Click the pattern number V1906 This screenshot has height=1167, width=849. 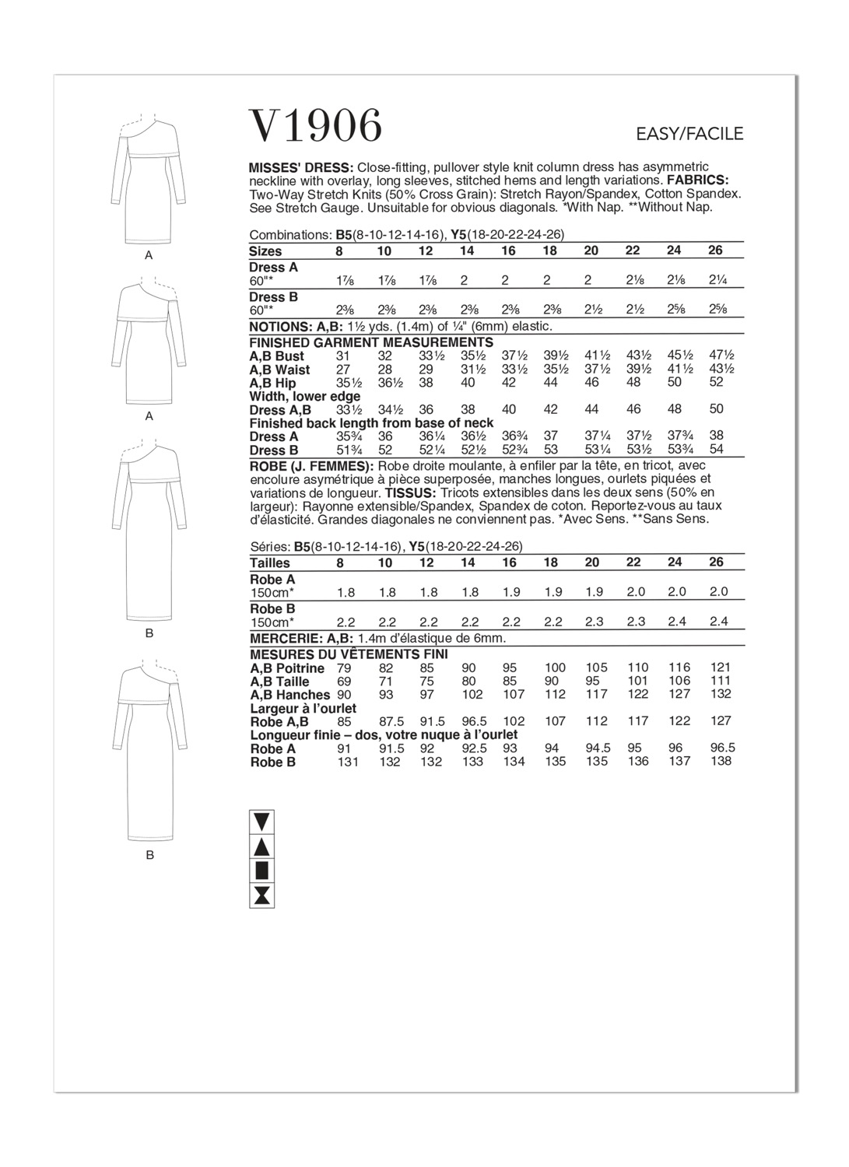point(315,126)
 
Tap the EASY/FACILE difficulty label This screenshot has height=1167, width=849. point(689,134)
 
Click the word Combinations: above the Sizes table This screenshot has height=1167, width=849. point(290,235)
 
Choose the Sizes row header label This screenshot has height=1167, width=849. point(265,251)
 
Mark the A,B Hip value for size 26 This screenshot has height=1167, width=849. point(717,382)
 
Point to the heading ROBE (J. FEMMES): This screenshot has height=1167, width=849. point(312,466)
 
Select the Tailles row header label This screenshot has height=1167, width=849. point(270,562)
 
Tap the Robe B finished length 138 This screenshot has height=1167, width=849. point(721,762)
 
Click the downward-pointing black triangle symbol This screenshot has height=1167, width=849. point(262,820)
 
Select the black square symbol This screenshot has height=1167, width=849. point(262,870)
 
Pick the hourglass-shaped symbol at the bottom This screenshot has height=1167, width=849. point(262,895)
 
